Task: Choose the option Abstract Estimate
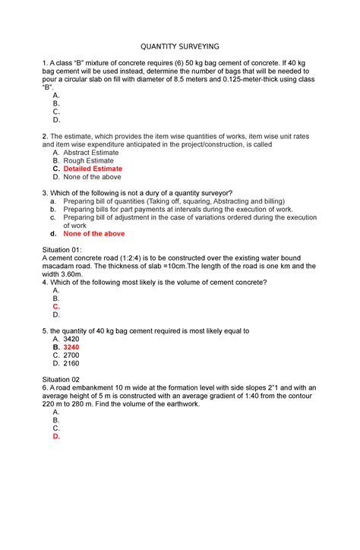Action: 90,152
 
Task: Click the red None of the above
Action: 93,234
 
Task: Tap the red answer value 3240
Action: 71,347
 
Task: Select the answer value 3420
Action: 71,339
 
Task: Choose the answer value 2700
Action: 71,355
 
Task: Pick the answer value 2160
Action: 71,363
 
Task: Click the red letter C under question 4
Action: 55,306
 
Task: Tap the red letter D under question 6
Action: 55,436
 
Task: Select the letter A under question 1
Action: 55,95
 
